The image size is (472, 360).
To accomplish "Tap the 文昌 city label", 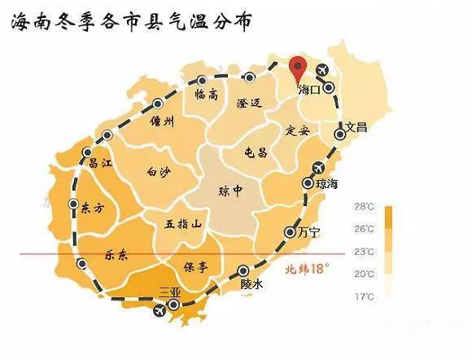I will point(357,127).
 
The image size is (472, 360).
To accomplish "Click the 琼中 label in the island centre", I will point(231,191).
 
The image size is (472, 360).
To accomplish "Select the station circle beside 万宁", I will point(290,232).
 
